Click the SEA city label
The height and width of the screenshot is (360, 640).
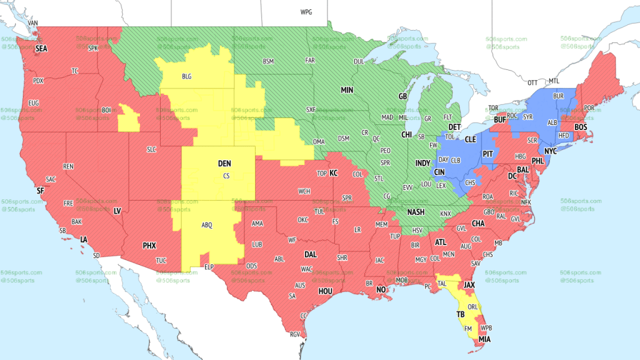pos(41,48)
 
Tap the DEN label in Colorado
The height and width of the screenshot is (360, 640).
pos(224,164)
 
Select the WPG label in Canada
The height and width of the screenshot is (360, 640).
pos(306,12)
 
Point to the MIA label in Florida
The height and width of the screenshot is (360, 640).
pos(485,339)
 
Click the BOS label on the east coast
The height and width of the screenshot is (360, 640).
pos(581,127)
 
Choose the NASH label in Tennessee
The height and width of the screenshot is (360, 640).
pos(416,212)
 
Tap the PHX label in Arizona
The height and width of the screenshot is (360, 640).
pos(149,246)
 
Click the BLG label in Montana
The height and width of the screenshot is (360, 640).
pos(187,76)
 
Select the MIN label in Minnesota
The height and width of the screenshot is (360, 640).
pos(347,90)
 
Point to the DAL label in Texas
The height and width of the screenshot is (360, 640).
pos(310,255)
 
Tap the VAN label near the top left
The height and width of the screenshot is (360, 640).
pos(34,23)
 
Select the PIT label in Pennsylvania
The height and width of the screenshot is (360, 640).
pos(488,152)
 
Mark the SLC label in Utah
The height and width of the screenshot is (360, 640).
pos(152,149)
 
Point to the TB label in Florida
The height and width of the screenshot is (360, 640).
pos(460,314)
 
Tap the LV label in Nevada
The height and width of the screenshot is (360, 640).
pos(117,211)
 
